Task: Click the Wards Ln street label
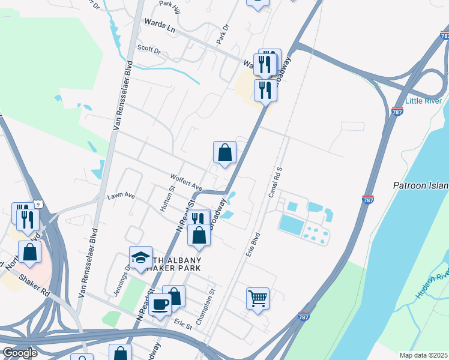point(159,25)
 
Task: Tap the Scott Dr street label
point(149,49)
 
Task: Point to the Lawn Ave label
point(121,196)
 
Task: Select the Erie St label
point(182,326)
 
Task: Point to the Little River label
point(423,100)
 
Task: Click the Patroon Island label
point(421,185)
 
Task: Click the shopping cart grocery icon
point(258,297)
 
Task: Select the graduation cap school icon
point(140,258)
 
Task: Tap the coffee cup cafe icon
point(160,304)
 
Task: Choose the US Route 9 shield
point(37,204)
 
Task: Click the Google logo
point(20,353)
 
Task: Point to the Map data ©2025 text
point(423,355)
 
